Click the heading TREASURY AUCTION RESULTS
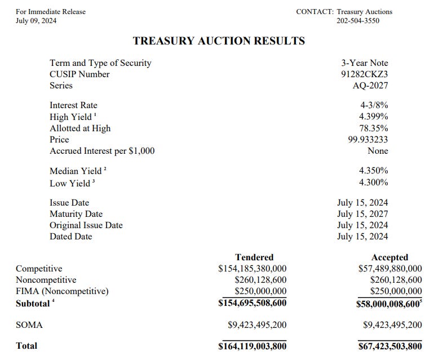(219, 41)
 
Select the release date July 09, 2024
(36, 21)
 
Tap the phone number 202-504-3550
(358, 21)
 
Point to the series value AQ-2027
(370, 86)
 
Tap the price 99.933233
(368, 139)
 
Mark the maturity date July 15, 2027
(362, 214)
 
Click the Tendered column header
(254, 257)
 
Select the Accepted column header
(389, 257)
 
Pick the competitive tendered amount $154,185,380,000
(252, 269)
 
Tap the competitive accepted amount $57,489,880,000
(389, 269)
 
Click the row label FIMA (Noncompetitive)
(62, 291)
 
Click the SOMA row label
(29, 325)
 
